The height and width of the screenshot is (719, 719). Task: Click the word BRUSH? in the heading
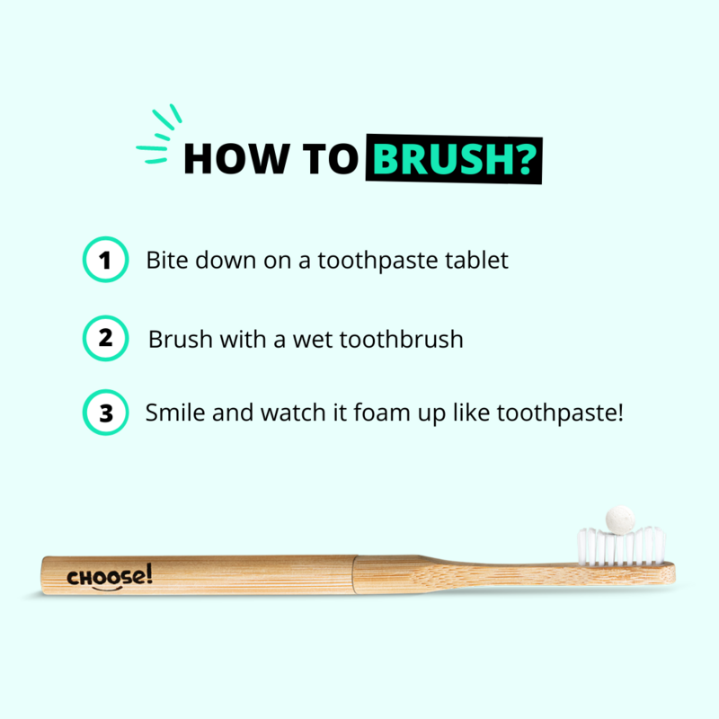tap(454, 159)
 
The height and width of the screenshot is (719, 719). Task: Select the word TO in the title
tap(330, 159)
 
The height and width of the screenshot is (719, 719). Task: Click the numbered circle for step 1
tap(105, 260)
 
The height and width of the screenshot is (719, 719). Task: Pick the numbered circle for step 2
tap(105, 339)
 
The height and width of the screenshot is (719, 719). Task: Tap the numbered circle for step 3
tap(105, 413)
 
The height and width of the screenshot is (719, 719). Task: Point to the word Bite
tap(167, 260)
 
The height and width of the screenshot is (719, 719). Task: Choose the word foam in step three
tap(381, 413)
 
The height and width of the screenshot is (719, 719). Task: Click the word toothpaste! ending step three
tap(560, 413)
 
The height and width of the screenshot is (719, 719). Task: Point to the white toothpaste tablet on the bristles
tap(620, 520)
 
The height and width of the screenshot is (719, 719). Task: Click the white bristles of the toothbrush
tap(621, 546)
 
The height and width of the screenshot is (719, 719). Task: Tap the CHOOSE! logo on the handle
tap(109, 577)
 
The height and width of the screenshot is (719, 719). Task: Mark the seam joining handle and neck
tap(354, 575)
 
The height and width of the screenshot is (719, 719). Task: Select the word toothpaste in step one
tap(377, 261)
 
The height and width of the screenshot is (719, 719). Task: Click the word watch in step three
tap(293, 413)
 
